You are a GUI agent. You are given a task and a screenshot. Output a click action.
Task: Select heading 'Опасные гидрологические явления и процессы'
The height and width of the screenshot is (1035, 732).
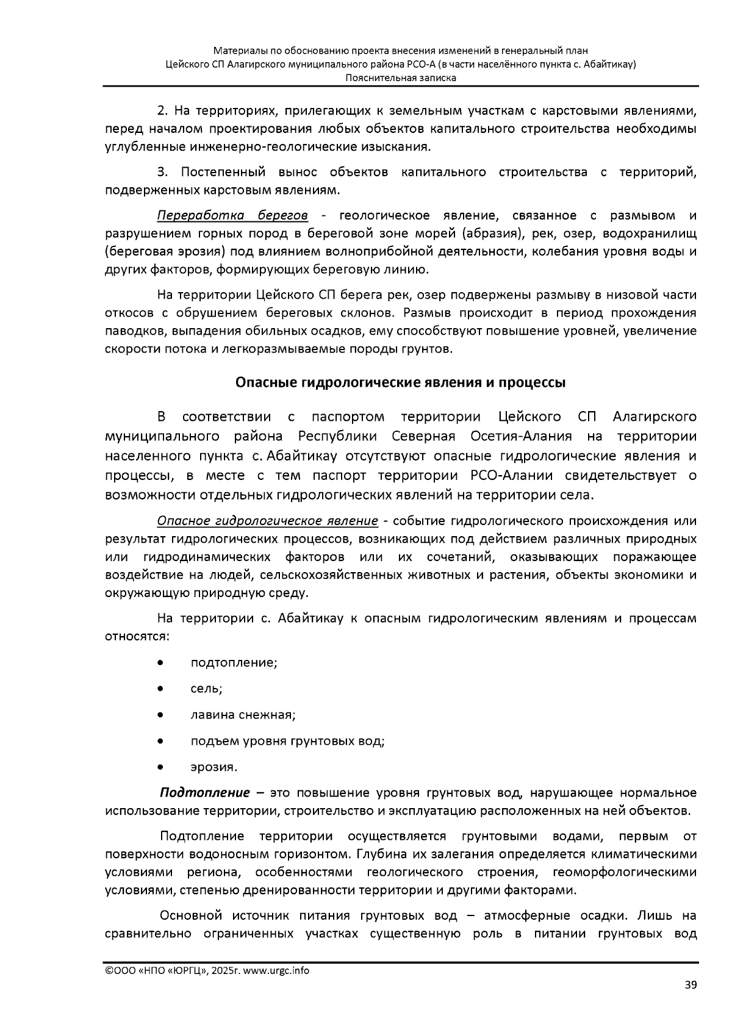point(400,382)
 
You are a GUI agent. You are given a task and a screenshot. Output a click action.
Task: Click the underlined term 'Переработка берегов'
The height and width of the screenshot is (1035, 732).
point(232,215)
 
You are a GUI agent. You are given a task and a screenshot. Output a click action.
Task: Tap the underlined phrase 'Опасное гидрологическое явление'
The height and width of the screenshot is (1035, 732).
point(268,521)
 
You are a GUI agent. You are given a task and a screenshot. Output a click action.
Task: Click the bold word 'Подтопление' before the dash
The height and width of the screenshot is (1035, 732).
point(205,792)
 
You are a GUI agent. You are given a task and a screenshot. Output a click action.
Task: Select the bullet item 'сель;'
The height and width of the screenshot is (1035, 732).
point(206,689)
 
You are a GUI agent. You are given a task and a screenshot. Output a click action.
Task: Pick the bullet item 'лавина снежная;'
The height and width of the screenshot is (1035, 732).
point(243,715)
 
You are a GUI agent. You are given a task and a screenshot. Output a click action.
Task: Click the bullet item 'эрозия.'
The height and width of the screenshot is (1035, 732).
point(213,767)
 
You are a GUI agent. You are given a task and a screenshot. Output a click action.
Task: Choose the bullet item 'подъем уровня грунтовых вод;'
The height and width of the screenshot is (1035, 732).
point(287,741)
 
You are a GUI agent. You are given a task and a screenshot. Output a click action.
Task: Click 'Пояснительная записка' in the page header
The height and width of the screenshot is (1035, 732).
point(400,78)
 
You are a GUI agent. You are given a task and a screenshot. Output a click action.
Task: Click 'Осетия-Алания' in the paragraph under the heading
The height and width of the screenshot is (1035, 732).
point(521,437)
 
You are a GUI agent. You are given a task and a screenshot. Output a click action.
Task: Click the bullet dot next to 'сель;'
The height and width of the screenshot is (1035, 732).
point(160,689)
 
